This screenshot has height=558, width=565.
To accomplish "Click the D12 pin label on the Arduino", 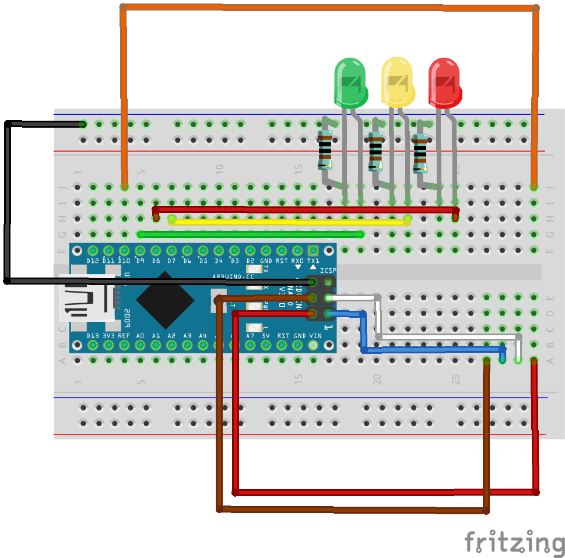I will click(92, 261).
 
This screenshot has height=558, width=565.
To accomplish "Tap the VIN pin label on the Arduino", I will click(315, 336).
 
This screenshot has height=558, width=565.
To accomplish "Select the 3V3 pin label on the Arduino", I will click(108, 336).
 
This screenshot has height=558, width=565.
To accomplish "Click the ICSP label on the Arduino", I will click(328, 271).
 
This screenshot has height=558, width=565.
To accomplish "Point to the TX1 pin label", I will click(314, 261).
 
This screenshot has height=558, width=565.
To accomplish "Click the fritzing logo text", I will click(514, 543).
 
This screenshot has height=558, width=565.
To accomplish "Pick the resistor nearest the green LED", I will click(325, 150).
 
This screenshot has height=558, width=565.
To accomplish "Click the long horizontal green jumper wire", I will click(251, 234).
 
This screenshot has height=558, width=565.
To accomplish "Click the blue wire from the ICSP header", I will click(431, 350).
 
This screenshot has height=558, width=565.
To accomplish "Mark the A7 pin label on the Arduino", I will click(250, 336).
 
